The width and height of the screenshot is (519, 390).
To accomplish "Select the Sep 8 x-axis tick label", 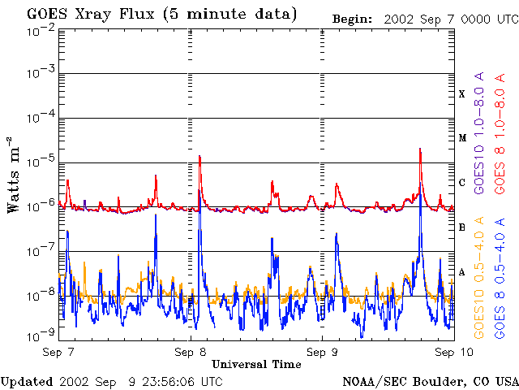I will point(191,352).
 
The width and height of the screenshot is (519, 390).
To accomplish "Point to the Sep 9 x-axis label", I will point(322,352).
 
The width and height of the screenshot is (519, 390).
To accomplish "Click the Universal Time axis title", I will point(256,364).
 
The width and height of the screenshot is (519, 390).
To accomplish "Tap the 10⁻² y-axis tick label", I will point(40,30).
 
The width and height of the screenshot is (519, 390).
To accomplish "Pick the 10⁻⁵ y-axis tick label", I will point(40,162).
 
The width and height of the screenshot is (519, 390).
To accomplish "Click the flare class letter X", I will point(462,94).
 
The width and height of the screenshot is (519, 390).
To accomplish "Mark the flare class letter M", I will point(462,138).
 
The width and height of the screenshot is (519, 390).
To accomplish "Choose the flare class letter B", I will point(462,227).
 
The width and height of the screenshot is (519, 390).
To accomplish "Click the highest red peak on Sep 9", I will point(420,149).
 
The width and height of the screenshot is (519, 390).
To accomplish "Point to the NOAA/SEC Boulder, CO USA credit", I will point(430,381).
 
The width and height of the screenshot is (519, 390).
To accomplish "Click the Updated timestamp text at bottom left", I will point(112,381).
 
